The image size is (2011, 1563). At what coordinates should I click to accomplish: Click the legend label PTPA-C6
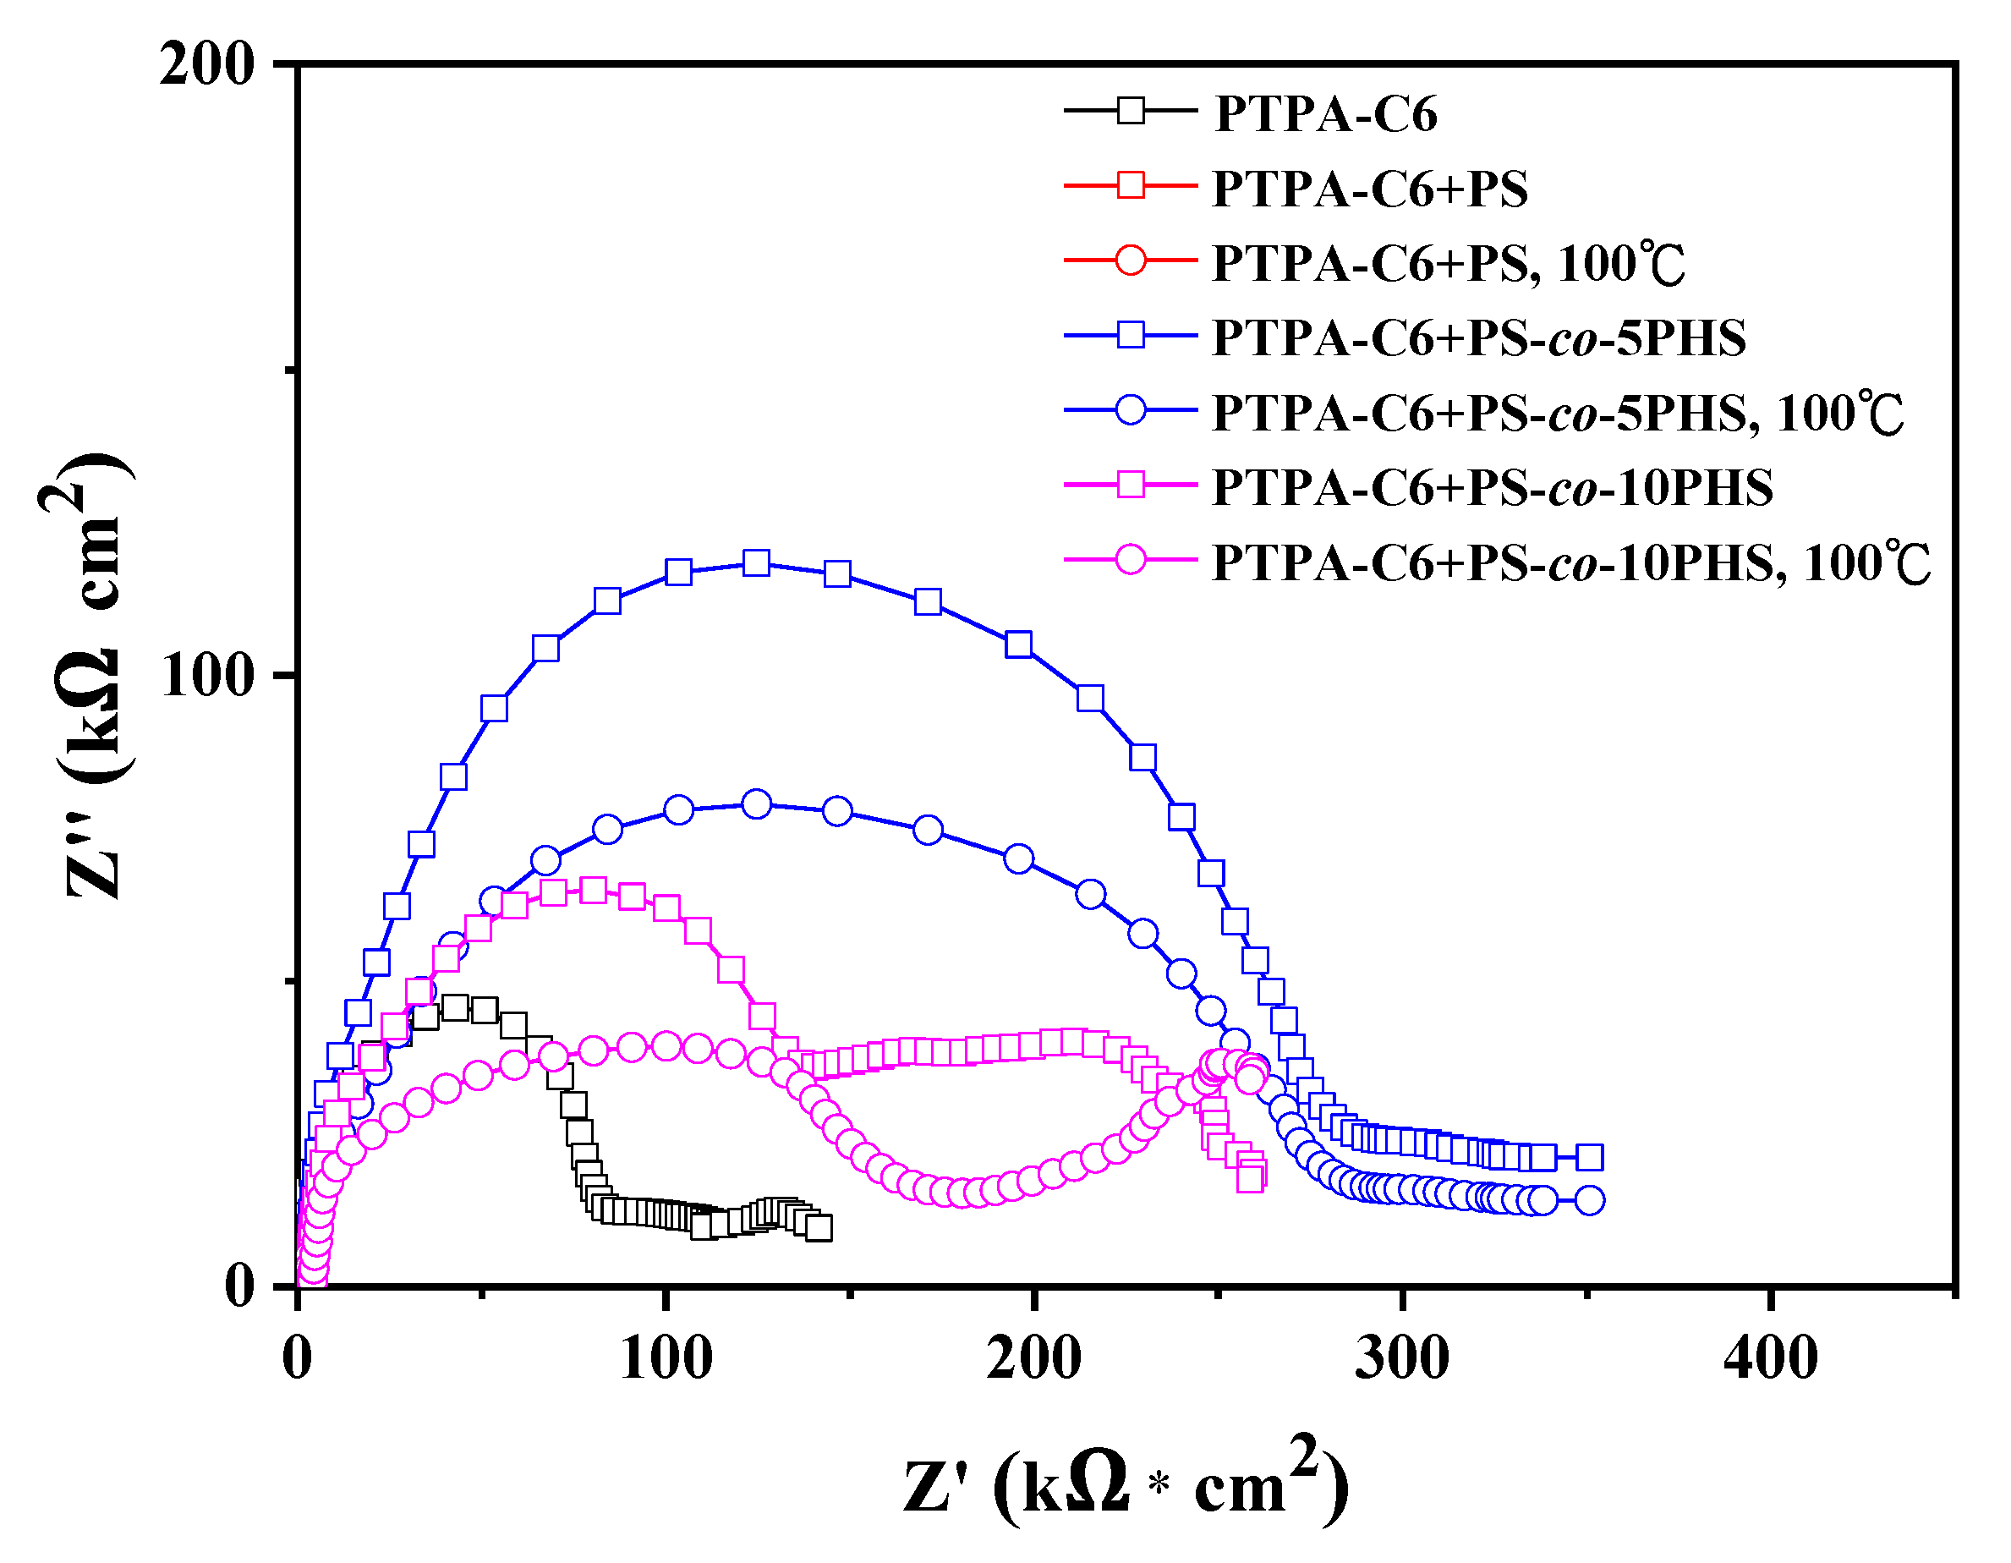pos(1325,114)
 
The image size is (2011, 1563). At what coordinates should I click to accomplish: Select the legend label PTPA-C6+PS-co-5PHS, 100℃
pos(1556,414)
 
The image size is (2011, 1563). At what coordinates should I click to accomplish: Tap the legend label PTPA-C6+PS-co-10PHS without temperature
pos(1491,488)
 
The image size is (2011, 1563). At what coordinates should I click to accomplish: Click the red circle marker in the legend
pos(1130,260)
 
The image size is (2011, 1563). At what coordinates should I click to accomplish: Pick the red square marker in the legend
pos(1130,185)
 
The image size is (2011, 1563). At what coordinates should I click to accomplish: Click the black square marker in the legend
pos(1130,111)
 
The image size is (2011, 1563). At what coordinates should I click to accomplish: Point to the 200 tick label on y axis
pos(206,65)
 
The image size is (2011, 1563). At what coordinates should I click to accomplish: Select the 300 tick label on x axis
pos(1401,1358)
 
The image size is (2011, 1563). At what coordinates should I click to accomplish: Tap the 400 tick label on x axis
pos(1770,1358)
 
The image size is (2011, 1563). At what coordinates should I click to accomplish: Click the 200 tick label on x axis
pos(1033,1358)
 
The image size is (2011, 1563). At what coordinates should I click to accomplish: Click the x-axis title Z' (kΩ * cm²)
pos(1126,1483)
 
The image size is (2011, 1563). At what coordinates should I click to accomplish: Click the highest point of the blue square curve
pos(756,562)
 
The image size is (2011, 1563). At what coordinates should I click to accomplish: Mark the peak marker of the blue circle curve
pos(756,804)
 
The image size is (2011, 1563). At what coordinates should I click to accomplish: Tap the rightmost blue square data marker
pos(1589,1158)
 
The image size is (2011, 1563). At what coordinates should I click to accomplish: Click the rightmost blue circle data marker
pos(1589,1200)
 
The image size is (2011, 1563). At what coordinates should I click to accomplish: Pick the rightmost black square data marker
pos(818,1227)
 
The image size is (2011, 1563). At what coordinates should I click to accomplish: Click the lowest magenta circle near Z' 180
pos(960,1193)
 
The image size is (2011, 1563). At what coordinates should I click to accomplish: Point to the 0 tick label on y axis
pos(239,1286)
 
